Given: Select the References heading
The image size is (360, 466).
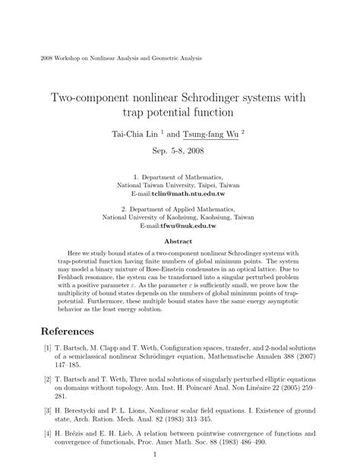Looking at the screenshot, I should point(67,331).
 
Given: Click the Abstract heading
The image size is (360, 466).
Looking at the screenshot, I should point(179,242).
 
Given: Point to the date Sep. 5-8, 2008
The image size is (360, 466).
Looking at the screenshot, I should point(179,151).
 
